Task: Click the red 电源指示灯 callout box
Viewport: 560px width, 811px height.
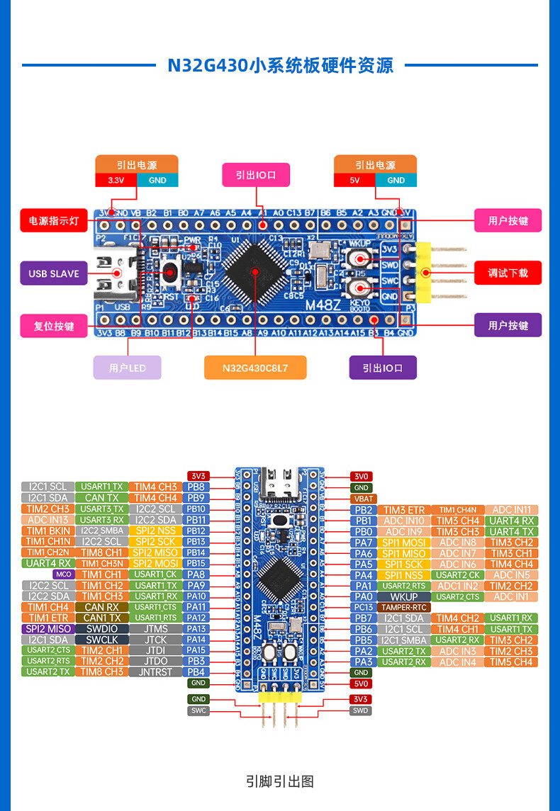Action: (x=54, y=221)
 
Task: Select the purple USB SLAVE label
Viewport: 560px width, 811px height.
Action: (x=54, y=273)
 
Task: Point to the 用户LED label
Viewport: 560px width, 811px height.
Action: (x=128, y=368)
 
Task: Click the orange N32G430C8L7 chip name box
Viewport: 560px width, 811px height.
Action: (x=254, y=368)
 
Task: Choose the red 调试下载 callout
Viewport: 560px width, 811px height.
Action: (x=508, y=273)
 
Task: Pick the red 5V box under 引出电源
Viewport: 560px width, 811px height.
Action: (x=354, y=180)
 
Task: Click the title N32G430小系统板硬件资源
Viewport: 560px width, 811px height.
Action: (x=280, y=66)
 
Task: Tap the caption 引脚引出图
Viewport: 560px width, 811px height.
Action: (x=280, y=781)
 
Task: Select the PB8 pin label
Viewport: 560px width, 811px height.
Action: (x=196, y=487)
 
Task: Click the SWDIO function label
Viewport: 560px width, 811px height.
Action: (x=102, y=629)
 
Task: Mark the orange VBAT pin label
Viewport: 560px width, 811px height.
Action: (x=362, y=499)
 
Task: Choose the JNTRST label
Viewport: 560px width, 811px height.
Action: (x=156, y=672)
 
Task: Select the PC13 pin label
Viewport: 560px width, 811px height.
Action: (x=364, y=607)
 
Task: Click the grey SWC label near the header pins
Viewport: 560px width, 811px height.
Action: (x=198, y=710)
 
